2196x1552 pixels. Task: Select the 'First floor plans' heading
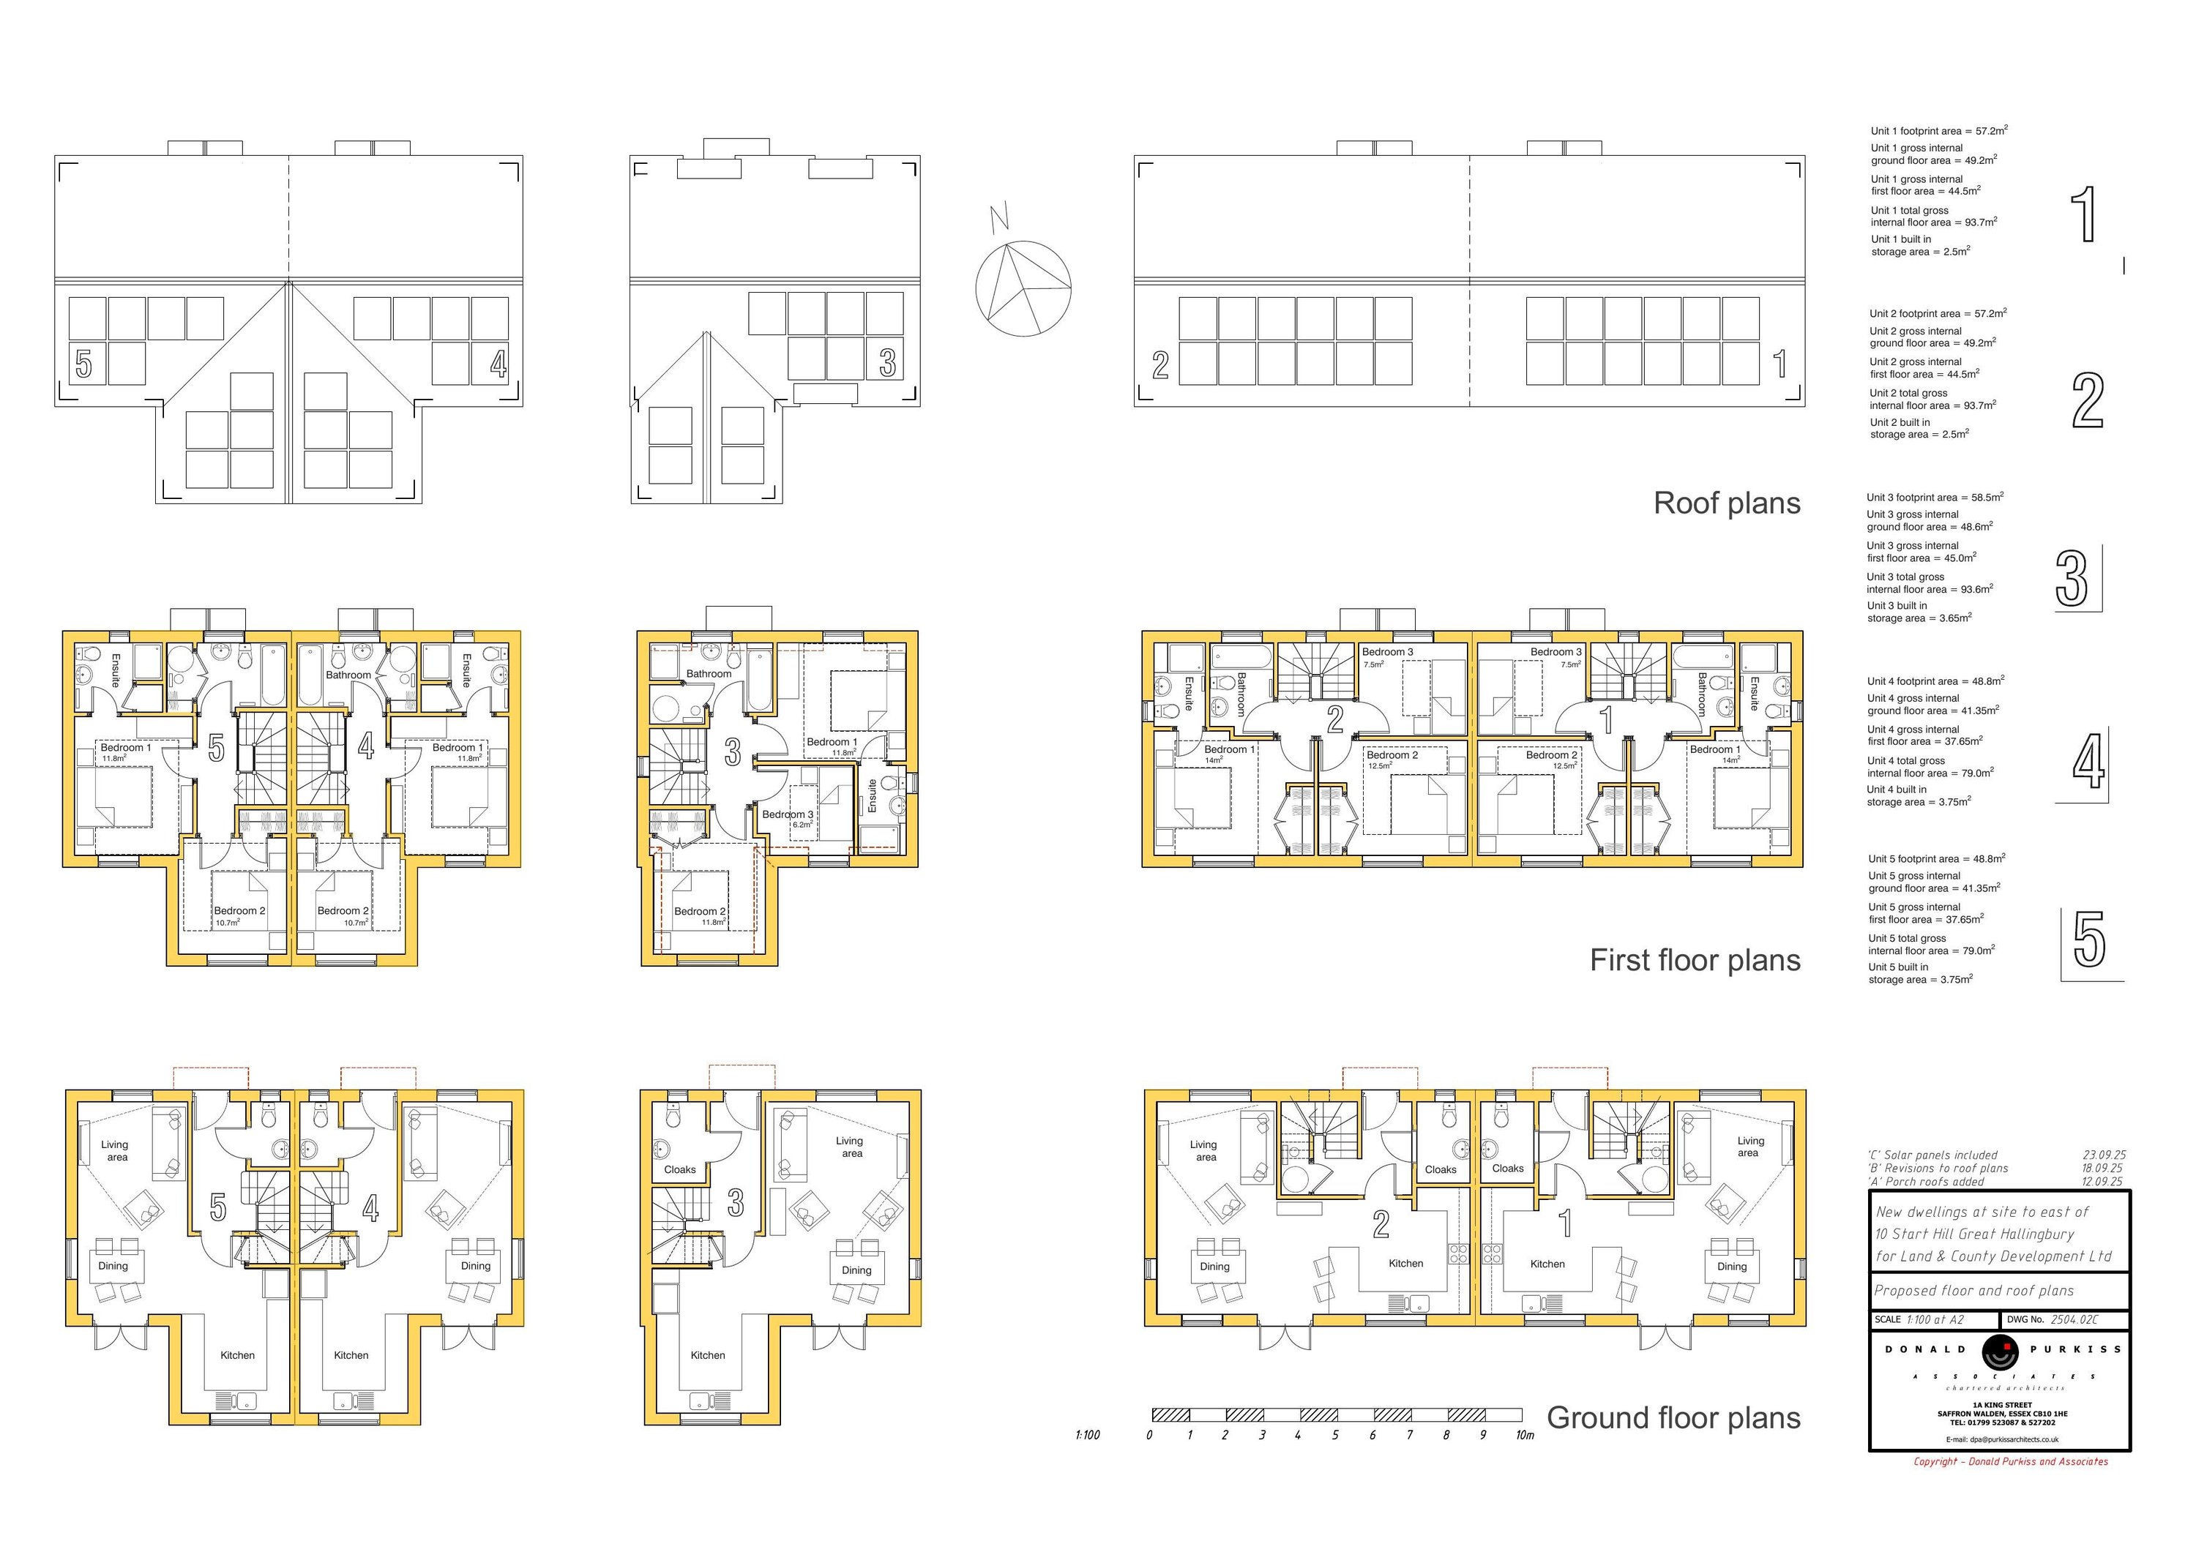pyautogui.click(x=1695, y=960)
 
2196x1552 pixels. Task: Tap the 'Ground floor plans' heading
pyautogui.click(x=1674, y=1418)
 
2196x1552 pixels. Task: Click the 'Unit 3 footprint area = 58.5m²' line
pyautogui.click(x=1935, y=498)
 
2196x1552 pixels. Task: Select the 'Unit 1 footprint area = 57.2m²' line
pyautogui.click(x=1939, y=130)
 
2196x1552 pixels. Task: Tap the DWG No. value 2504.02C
pyautogui.click(x=2074, y=1319)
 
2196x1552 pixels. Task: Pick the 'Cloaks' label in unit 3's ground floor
pyautogui.click(x=680, y=1169)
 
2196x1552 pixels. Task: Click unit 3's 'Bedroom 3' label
pyautogui.click(x=787, y=814)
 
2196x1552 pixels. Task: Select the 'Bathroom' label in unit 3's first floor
pyautogui.click(x=709, y=674)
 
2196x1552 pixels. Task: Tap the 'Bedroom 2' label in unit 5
pyautogui.click(x=239, y=911)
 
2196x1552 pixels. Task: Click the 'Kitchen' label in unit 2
pyautogui.click(x=1406, y=1263)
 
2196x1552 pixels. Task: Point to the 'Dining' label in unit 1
pyautogui.click(x=1731, y=1266)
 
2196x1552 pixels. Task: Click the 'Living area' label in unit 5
pyautogui.click(x=115, y=1150)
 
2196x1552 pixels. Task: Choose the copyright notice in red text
pyautogui.click(x=2011, y=1461)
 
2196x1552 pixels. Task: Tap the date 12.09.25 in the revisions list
pyautogui.click(x=2102, y=1182)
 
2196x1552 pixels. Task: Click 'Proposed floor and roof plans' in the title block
pyautogui.click(x=1974, y=1291)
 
